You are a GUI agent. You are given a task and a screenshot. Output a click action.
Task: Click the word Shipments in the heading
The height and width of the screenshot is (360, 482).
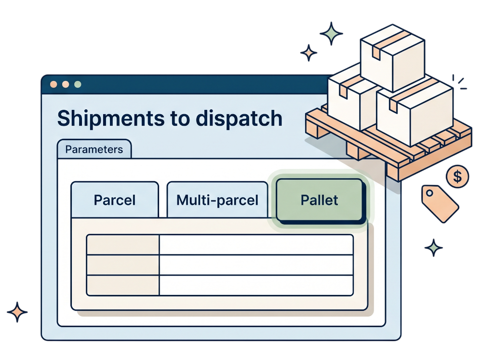tap(111, 119)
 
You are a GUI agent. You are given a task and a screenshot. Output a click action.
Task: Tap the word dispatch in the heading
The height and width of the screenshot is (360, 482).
tap(239, 118)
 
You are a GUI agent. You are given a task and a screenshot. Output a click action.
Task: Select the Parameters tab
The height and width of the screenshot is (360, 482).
tap(94, 149)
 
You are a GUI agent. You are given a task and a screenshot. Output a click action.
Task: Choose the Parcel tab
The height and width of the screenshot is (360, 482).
tap(115, 200)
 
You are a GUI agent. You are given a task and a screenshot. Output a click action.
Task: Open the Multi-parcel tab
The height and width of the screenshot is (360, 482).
tap(217, 200)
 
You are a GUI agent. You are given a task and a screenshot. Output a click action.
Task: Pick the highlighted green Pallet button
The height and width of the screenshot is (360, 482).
tap(320, 200)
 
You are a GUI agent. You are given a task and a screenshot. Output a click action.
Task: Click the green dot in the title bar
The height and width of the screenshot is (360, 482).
tap(78, 84)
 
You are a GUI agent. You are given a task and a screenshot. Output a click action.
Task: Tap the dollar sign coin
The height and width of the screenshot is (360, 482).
tap(457, 176)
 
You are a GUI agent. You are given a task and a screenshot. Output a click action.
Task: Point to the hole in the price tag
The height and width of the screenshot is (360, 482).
tap(429, 193)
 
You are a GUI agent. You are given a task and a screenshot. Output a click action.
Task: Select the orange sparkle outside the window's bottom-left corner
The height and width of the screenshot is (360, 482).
tap(17, 312)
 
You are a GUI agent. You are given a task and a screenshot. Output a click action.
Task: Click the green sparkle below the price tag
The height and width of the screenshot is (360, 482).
tap(433, 248)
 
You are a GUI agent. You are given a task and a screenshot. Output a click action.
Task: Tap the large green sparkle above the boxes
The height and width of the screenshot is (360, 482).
tap(331, 34)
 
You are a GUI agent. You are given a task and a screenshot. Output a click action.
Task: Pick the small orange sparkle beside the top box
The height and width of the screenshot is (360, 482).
tap(308, 53)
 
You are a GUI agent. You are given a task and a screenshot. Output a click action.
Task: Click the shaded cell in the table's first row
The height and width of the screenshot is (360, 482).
tap(123, 245)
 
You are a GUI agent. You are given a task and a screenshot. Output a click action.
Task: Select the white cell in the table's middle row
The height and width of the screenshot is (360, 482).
tap(256, 265)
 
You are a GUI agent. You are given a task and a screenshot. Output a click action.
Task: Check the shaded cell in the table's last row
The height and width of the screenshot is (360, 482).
tap(123, 285)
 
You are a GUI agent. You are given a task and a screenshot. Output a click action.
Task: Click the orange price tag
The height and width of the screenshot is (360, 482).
tap(440, 203)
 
